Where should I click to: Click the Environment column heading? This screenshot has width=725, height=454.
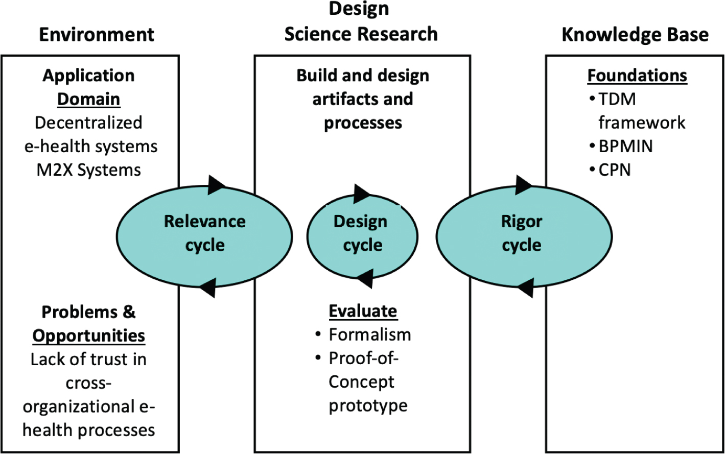(97, 35)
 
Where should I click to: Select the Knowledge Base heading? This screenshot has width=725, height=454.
(635, 35)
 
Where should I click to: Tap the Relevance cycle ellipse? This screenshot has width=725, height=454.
(204, 233)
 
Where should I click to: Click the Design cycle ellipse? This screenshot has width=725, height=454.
(362, 233)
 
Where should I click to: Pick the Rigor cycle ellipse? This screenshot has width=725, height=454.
(522, 233)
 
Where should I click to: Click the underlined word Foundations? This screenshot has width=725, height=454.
(637, 76)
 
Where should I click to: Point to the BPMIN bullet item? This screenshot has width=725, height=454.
(625, 147)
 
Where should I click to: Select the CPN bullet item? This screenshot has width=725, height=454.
(614, 170)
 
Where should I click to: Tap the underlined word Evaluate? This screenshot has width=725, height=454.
(363, 311)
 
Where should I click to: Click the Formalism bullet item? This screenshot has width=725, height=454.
(369, 334)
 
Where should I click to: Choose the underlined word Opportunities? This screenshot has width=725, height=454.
(89, 336)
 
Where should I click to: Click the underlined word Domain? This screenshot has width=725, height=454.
(88, 99)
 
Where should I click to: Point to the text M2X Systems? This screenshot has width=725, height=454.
(88, 170)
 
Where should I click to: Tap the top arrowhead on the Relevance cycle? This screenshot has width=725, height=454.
(216, 184)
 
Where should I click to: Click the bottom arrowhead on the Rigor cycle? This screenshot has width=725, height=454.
(526, 288)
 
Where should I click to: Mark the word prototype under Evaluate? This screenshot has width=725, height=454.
(368, 405)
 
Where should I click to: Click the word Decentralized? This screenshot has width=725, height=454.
(88, 123)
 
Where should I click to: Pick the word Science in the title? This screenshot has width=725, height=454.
(318, 34)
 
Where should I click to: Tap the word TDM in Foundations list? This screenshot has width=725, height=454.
(617, 99)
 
